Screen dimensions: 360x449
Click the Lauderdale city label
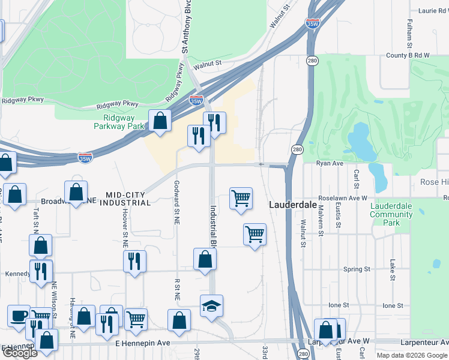click(x=292, y=204)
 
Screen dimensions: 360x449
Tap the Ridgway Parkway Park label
click(x=119, y=122)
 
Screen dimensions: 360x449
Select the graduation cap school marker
click(x=211, y=307)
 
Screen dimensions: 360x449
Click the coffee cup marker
click(x=19, y=316)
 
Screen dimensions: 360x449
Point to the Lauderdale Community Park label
click(x=391, y=214)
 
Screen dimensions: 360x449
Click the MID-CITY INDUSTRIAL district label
click(x=127, y=199)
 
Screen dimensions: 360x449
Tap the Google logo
click(x=20, y=353)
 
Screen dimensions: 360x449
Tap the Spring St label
click(x=357, y=269)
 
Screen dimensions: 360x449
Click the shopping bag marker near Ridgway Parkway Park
click(x=160, y=122)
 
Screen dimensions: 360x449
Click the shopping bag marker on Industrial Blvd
click(x=205, y=260)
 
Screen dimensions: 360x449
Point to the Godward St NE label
click(x=176, y=202)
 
